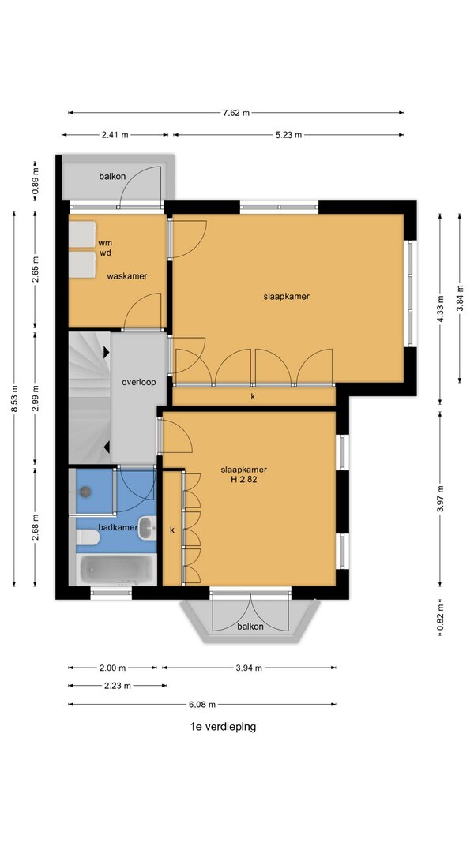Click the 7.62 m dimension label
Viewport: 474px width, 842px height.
[236, 113]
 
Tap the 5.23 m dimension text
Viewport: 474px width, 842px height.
[288, 135]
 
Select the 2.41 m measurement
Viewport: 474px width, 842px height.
[115, 135]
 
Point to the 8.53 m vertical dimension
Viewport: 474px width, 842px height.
[14, 399]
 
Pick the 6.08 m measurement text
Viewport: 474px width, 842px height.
[202, 704]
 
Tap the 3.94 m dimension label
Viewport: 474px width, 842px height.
[249, 668]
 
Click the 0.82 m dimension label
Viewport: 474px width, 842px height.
[440, 618]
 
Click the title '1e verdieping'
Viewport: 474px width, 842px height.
[223, 727]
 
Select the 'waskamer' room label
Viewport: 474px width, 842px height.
[127, 276]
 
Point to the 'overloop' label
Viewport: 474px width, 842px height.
[139, 383]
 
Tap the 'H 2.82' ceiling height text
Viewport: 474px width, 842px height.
[244, 480]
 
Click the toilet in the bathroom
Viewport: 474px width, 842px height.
[87, 537]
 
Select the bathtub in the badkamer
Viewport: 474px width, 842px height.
[117, 570]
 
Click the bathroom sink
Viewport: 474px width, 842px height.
[147, 528]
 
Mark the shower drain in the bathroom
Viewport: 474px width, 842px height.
[85, 490]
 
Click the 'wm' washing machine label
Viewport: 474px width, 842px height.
[105, 243]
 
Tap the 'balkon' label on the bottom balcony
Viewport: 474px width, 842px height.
[250, 626]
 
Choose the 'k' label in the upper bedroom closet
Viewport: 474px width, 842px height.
[252, 397]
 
